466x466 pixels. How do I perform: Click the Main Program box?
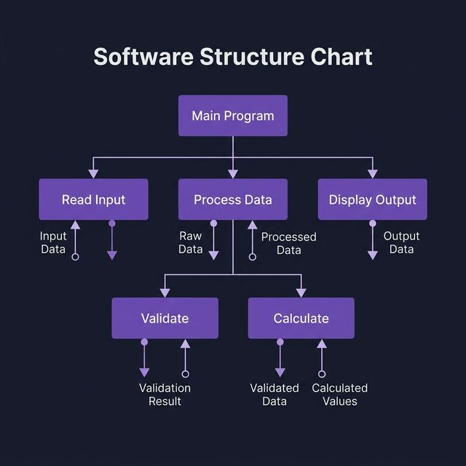233,116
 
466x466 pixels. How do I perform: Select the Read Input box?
93,200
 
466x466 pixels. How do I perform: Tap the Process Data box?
233,200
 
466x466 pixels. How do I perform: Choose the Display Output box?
372,200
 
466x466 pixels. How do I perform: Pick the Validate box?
165,318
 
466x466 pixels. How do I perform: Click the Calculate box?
301,318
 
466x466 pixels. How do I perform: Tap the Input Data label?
53,242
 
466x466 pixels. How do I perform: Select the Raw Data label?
190,242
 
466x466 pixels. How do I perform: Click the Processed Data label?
289,243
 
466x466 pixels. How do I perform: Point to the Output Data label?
401,242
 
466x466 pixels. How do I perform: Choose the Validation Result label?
165,395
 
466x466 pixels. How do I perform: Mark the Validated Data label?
275,395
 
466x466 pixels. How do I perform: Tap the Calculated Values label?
339,395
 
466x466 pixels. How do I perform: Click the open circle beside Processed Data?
253,256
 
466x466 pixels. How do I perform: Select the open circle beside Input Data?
75,256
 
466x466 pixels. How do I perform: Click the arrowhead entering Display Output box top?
372,174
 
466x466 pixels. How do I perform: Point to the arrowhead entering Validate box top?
165,293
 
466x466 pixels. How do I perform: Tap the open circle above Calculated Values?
321,374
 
